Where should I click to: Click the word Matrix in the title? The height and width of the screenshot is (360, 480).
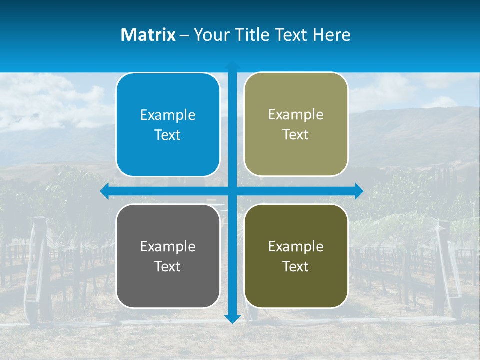tap(148, 35)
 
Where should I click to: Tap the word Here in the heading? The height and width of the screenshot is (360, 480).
tap(332, 35)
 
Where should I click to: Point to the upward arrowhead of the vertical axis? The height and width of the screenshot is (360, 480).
tap(232, 66)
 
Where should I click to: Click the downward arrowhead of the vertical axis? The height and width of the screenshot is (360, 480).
tap(232, 318)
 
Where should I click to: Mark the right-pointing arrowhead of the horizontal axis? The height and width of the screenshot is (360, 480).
tap(358, 191)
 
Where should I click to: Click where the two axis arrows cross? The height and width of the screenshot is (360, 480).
tap(232, 191)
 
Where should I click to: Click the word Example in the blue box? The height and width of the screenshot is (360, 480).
tap(168, 115)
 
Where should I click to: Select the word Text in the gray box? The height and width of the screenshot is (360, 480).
tap(168, 266)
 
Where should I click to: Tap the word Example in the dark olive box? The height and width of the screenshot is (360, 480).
tap(296, 246)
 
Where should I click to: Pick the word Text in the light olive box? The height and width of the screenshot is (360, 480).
tap(296, 135)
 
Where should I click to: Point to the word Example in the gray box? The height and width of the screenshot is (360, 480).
tap(168, 246)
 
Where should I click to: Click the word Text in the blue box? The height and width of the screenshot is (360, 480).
tap(168, 135)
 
